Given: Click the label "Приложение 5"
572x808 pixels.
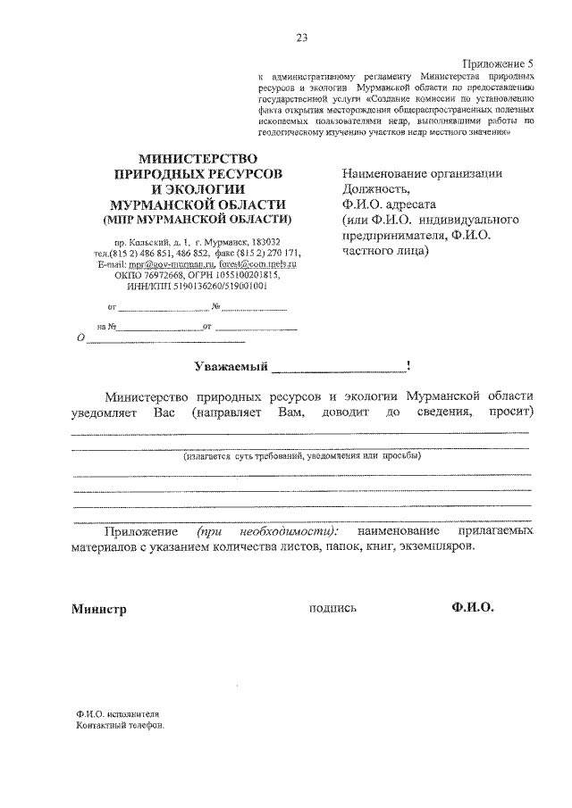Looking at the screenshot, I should [497, 64].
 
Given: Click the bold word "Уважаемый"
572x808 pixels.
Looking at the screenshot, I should [231, 365].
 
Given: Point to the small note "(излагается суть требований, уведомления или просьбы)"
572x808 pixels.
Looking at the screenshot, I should [302, 455].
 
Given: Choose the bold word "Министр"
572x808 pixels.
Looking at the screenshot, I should [99, 610].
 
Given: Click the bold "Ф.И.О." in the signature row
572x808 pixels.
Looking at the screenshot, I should [473, 608].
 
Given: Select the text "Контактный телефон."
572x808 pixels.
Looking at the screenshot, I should [121, 726].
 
